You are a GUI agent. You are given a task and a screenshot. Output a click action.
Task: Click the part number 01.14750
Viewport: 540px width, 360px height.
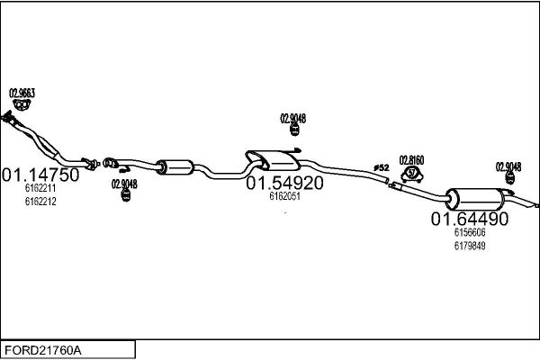[40, 175]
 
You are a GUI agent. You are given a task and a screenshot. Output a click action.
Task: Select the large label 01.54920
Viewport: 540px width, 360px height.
[284, 183]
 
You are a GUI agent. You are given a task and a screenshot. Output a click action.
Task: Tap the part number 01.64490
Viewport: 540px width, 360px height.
[470, 219]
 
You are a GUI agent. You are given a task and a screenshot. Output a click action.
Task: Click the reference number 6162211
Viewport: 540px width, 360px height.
[40, 188]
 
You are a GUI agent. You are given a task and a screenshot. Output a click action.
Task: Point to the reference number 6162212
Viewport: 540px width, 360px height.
[40, 202]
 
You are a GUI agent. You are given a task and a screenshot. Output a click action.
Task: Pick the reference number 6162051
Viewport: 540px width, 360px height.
[284, 196]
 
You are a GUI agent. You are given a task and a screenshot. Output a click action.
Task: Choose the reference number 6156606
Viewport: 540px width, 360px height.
[470, 232]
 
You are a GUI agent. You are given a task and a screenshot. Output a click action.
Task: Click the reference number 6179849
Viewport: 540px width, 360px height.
[470, 246]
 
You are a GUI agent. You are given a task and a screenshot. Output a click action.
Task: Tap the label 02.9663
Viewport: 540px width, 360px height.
[22, 93]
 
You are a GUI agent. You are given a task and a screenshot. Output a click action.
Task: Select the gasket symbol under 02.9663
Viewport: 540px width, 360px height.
[22, 104]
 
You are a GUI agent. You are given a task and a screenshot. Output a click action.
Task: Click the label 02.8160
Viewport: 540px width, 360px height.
[411, 160]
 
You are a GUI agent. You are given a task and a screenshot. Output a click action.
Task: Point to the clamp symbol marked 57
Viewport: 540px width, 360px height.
[412, 174]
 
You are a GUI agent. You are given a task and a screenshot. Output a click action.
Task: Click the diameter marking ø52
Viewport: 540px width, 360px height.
[382, 167]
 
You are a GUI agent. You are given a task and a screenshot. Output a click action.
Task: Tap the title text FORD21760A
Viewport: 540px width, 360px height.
[43, 350]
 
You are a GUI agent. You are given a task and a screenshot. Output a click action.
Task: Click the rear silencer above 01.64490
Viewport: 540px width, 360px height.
[474, 199]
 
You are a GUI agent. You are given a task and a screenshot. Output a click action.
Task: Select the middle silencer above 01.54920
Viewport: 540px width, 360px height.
[273, 160]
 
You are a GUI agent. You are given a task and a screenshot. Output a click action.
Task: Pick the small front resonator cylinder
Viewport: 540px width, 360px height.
[175, 167]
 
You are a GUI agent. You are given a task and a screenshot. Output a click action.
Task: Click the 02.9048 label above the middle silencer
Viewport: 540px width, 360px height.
[293, 119]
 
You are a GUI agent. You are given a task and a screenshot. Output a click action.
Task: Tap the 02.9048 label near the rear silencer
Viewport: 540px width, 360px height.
[508, 167]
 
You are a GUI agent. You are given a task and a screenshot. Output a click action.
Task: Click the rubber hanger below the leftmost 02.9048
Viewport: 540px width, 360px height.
[126, 195]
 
